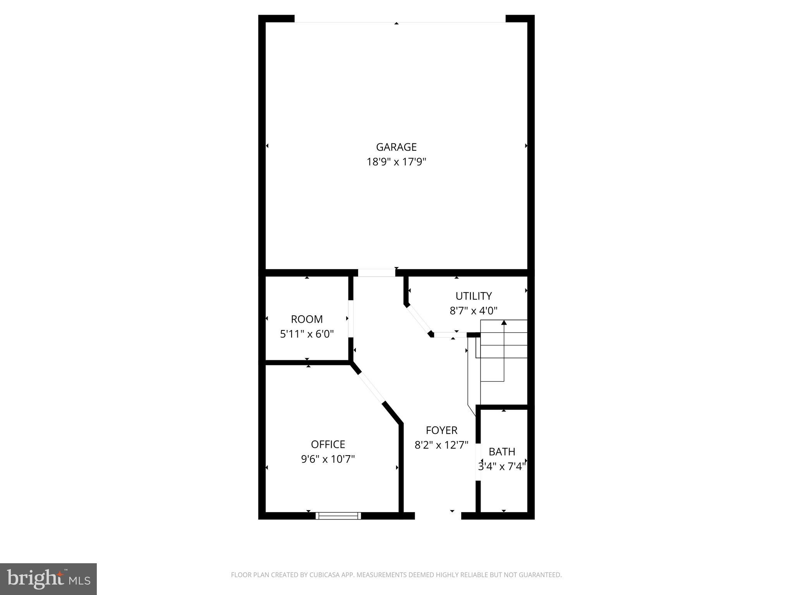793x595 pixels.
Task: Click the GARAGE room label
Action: (396, 147)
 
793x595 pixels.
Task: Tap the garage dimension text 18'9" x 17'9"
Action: (396, 162)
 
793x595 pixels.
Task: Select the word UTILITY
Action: (473, 296)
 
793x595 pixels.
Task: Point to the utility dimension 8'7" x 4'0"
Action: (473, 311)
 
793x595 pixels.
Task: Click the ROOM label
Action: (307, 319)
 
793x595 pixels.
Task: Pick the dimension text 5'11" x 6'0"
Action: (307, 334)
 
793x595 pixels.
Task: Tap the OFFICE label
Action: (328, 444)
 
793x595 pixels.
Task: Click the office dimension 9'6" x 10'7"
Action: (328, 459)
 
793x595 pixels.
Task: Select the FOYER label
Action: (441, 430)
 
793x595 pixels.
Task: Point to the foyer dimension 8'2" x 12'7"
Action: (441, 445)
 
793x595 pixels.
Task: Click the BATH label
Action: (502, 452)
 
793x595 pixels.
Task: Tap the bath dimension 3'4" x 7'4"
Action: (502, 466)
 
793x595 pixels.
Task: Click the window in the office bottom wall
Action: (338, 516)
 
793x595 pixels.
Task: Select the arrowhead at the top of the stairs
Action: (504, 322)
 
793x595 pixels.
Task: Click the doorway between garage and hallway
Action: (376, 273)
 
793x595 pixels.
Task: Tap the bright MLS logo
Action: (48, 579)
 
